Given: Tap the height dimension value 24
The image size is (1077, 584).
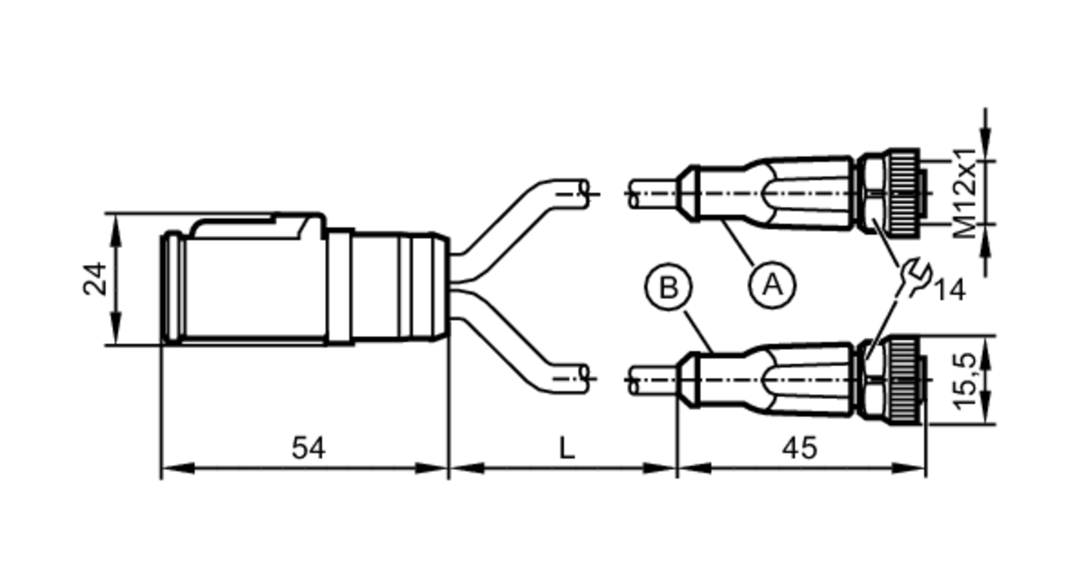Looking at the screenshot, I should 95,278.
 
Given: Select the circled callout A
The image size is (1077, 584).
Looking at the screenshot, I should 772,284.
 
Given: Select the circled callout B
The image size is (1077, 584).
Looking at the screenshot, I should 668,288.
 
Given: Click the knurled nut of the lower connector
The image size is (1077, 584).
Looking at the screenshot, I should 903,379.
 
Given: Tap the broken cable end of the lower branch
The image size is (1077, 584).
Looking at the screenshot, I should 584,379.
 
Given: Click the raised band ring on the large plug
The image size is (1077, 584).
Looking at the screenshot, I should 340,287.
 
